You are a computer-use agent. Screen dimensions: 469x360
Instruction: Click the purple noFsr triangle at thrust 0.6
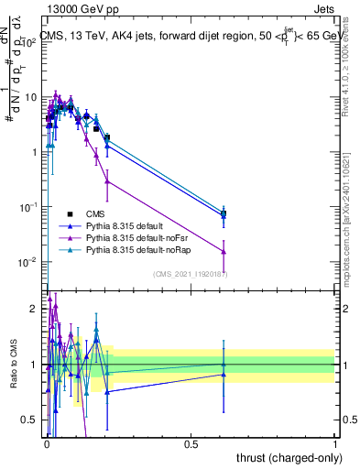tap(224, 251)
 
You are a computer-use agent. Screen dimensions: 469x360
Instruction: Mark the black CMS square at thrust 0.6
tap(224, 214)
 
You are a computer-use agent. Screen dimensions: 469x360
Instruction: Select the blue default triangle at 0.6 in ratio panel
tap(224, 374)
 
